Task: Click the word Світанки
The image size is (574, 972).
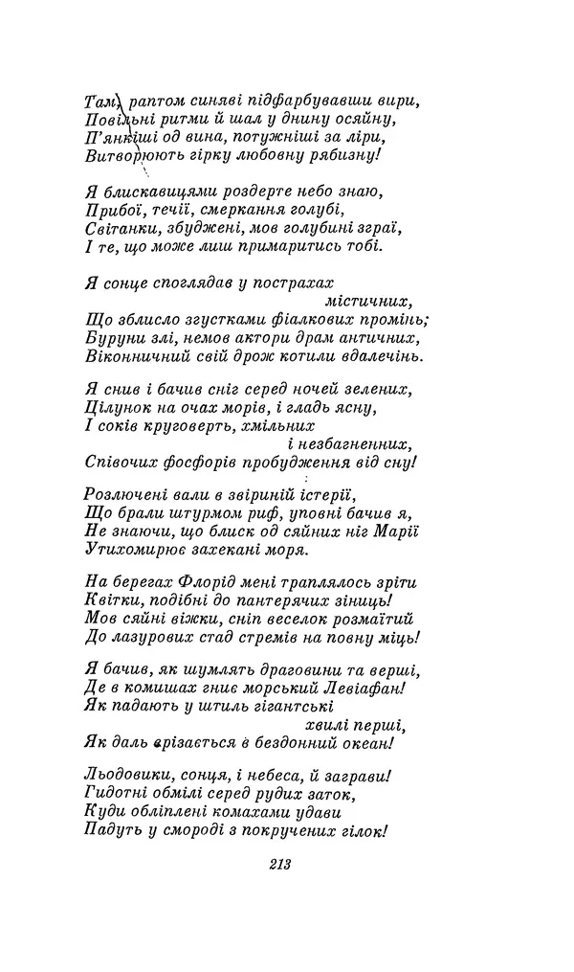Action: (x=118, y=228)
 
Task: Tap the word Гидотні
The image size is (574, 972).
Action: (x=113, y=794)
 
